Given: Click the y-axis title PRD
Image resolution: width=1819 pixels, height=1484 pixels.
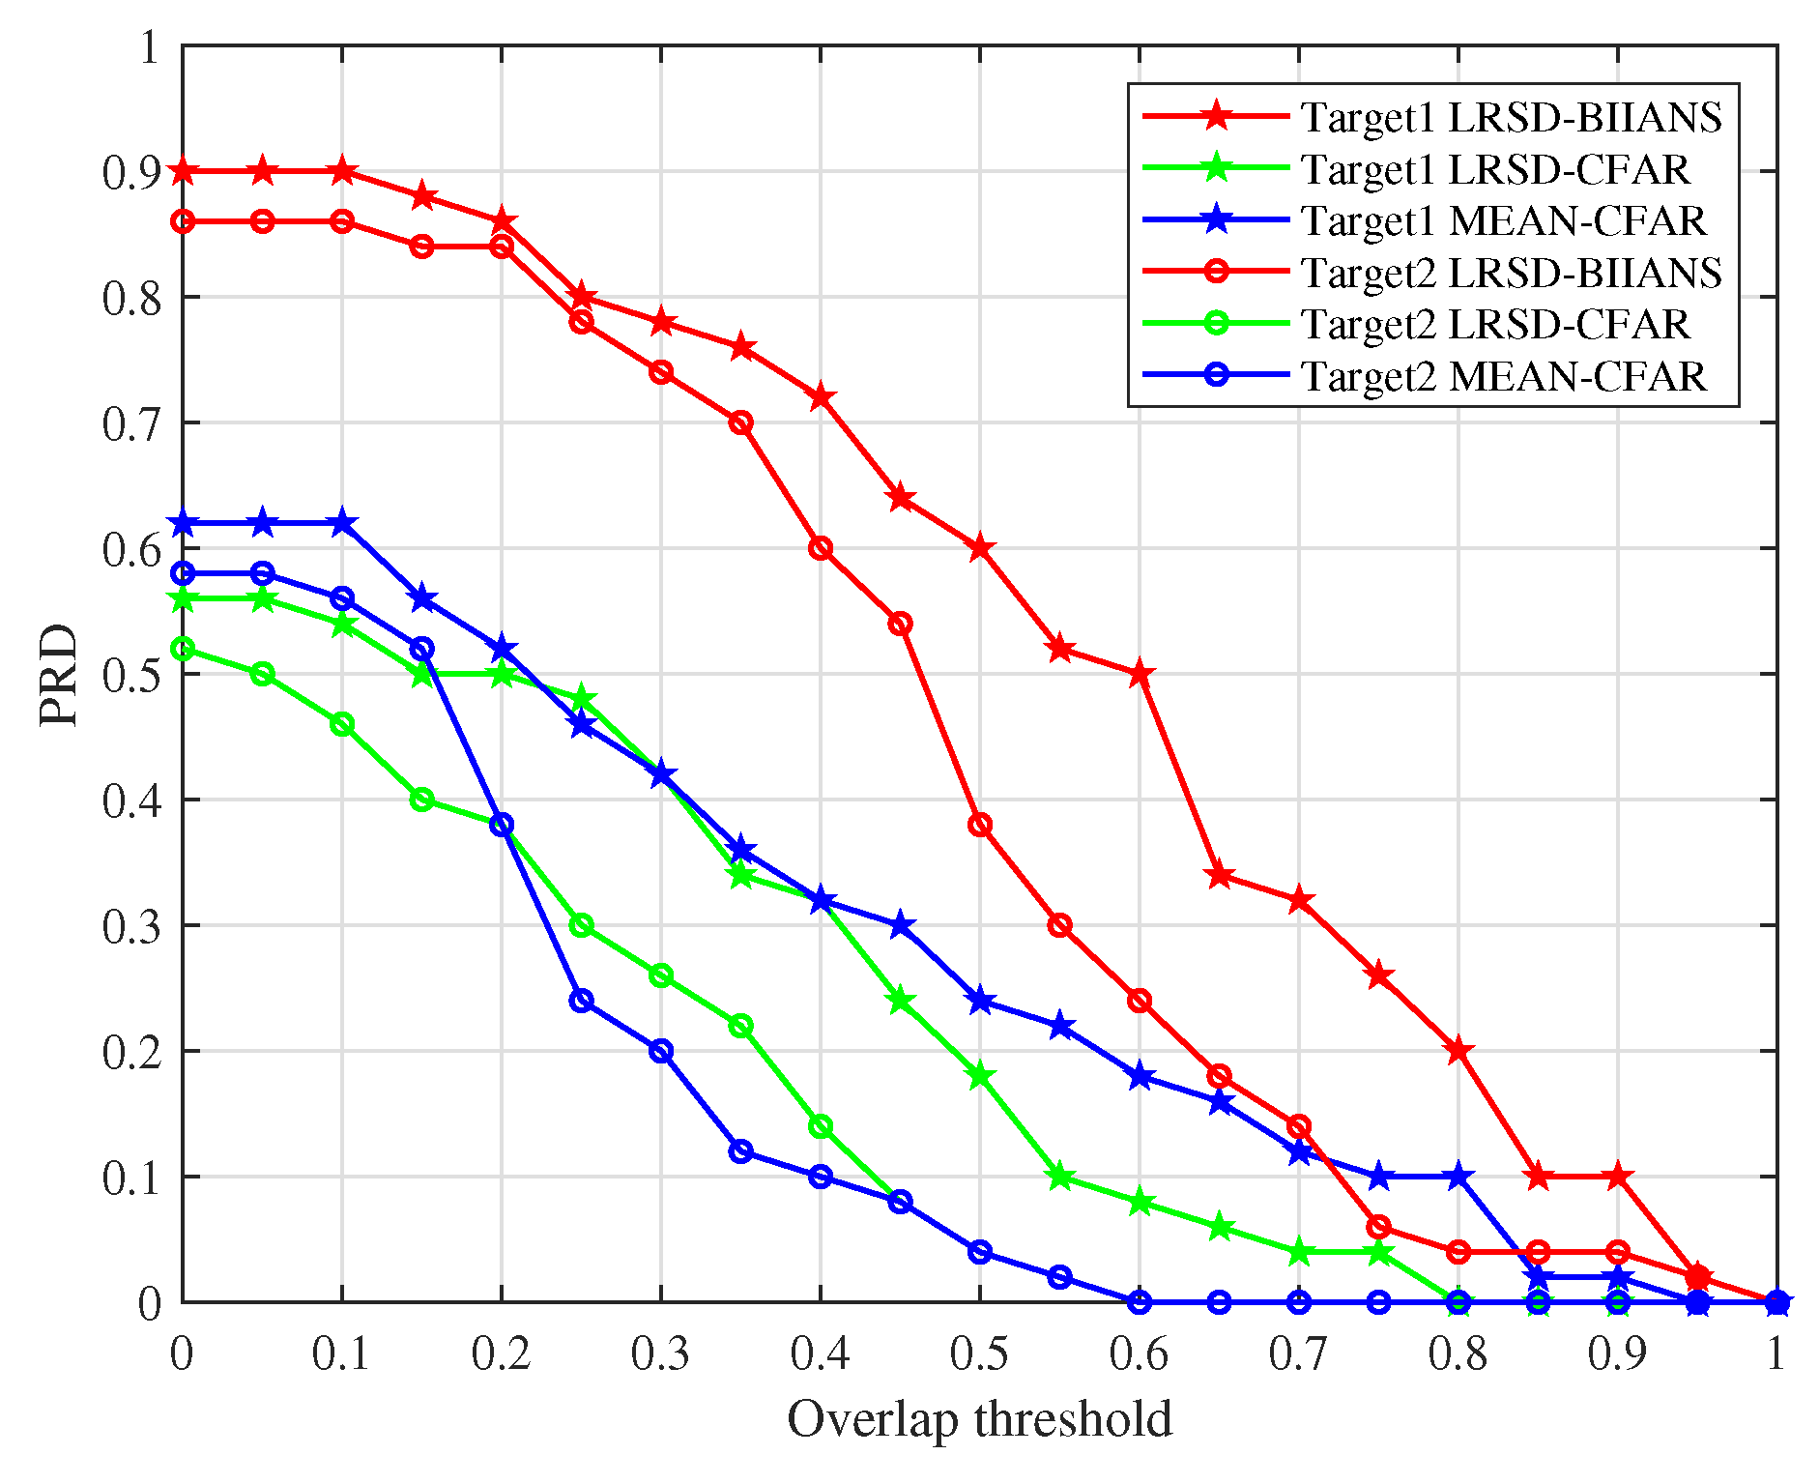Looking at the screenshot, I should pos(60,674).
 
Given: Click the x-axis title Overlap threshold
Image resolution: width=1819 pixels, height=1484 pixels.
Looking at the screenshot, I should pos(979,1419).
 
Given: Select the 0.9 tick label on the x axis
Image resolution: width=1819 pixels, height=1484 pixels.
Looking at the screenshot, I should pos(1617,1354).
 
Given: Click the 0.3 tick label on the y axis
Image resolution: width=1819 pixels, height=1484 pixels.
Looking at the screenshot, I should pos(131,926).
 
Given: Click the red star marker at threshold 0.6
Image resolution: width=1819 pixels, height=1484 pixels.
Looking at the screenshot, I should pos(1140,674).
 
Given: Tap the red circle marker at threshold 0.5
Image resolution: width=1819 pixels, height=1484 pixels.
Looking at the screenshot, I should pos(980,825).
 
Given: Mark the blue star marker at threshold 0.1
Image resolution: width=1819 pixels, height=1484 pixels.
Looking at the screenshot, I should pos(342,523).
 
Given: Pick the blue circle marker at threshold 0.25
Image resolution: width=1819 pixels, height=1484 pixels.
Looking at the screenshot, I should pos(581,1001).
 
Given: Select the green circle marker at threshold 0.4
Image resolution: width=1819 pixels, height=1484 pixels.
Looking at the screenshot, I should pos(821,1126).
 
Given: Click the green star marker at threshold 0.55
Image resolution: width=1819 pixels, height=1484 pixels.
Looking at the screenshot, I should pos(1059,1177).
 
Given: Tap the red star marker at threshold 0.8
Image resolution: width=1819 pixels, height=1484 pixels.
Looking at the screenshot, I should pos(1458,1051).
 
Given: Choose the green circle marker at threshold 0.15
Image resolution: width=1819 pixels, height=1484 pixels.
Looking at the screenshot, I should pos(421,800).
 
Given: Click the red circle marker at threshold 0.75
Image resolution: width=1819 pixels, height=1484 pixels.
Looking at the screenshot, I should pos(1379,1227).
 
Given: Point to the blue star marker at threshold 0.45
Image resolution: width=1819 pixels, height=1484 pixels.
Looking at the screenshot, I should pos(900,925).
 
